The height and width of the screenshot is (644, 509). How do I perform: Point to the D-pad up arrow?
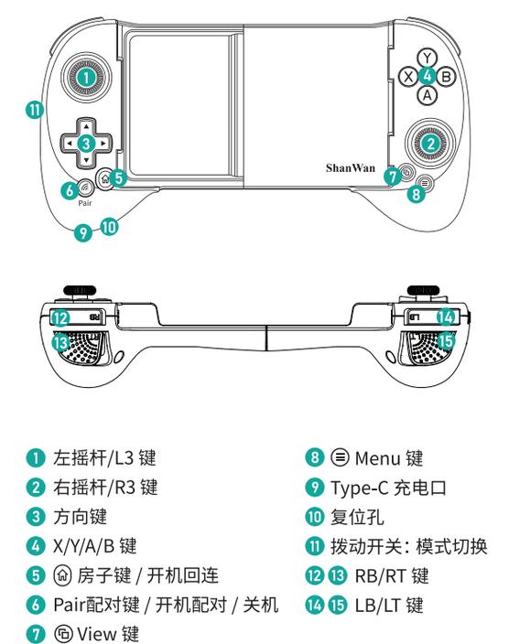(x=84, y=125)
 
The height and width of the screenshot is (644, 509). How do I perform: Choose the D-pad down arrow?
(x=84, y=160)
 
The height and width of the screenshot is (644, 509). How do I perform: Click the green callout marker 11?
(x=34, y=109)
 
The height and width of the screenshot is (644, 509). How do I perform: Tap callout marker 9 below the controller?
(x=84, y=232)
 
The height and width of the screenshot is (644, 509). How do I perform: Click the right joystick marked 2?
(x=428, y=140)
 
